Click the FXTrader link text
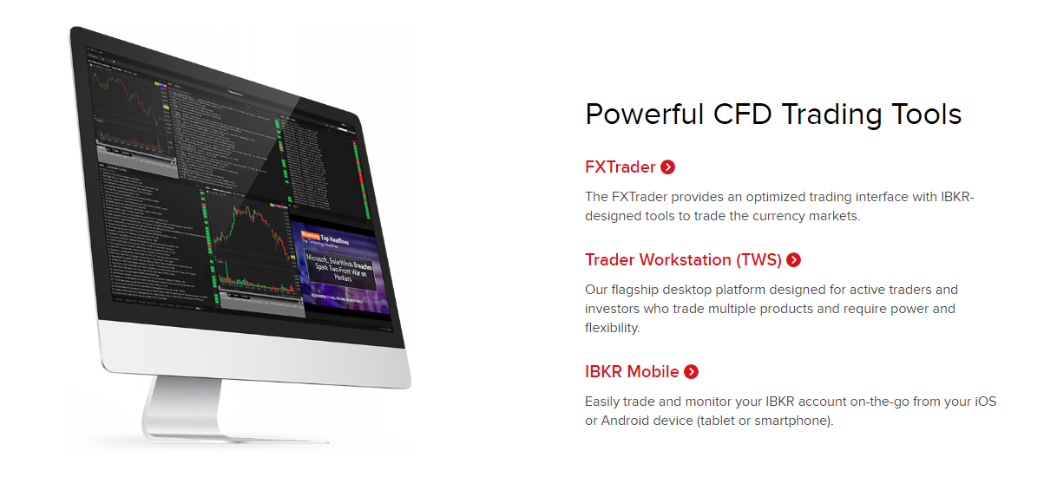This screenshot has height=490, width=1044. point(620,167)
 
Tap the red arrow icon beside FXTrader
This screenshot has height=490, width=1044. point(667,167)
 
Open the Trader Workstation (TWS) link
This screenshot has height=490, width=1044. point(683,259)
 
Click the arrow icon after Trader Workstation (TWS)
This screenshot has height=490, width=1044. point(793,259)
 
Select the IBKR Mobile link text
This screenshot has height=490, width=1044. point(632,372)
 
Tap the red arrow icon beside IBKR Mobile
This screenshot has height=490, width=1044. point(691,372)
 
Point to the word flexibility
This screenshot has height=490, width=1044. point(611,328)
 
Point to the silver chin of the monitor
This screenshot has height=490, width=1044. point(252,351)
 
